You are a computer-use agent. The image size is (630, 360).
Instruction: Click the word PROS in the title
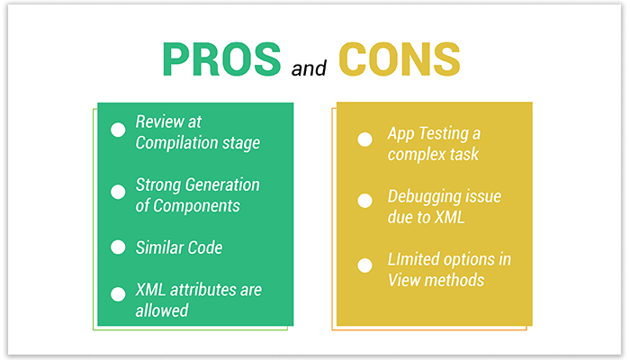(x=220, y=59)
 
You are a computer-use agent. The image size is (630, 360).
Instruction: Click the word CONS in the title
(x=399, y=59)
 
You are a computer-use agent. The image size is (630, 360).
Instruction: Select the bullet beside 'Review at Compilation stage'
(x=118, y=130)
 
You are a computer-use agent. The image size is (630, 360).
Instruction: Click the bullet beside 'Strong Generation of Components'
(x=118, y=192)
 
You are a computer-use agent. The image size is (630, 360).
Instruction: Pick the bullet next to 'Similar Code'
(x=118, y=247)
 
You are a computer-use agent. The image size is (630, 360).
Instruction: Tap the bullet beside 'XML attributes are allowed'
(x=118, y=293)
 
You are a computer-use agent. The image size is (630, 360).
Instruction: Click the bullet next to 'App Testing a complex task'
(x=364, y=139)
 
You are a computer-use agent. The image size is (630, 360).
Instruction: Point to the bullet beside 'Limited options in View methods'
(x=364, y=265)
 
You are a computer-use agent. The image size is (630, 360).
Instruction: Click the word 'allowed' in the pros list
(x=162, y=310)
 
